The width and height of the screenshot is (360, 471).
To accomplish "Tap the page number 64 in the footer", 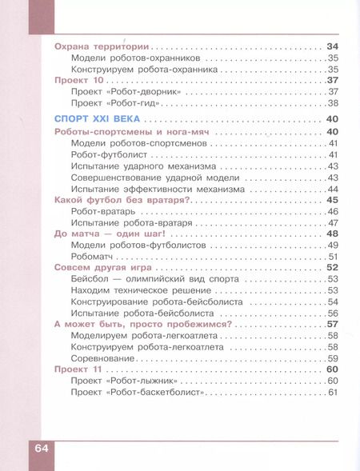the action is [x=42, y=447].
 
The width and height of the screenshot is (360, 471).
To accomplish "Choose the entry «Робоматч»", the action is [x=94, y=256].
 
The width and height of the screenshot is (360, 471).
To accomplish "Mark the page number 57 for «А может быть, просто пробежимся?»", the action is [x=333, y=324].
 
